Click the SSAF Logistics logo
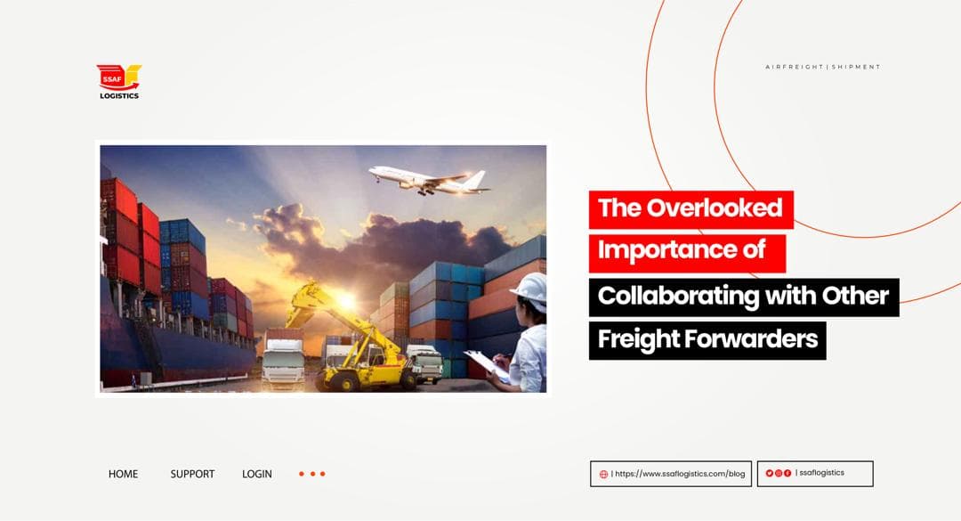coord(118,81)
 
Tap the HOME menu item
coord(123,474)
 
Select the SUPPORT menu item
coord(192,474)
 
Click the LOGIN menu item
coord(257,474)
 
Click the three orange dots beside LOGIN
coord(311,474)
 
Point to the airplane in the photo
coord(428,177)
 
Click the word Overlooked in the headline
coord(714,208)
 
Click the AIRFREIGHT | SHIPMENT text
coord(822,67)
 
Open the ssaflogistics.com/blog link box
coord(671,474)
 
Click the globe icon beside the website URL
coord(603,474)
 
